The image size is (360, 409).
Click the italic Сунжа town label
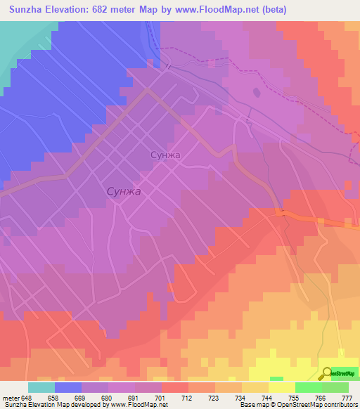click(124, 190)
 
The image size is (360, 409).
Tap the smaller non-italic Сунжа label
click(166, 155)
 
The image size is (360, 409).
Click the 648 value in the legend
click(28, 398)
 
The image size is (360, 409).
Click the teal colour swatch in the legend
click(41, 387)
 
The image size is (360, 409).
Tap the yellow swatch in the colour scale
click(282, 387)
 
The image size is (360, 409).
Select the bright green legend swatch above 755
click(309, 387)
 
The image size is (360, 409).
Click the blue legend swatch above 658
click(68, 387)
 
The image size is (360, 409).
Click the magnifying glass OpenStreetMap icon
click(327, 373)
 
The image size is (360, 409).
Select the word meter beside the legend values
click(11, 398)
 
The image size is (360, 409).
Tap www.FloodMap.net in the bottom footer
click(140, 405)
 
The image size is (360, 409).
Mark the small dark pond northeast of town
click(256, 91)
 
